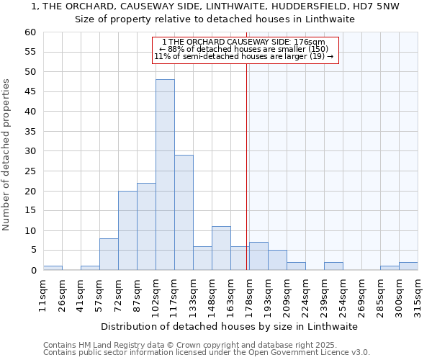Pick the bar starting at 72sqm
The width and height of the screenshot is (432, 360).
pos(127,230)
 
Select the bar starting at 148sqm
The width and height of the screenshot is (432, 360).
pos(221,248)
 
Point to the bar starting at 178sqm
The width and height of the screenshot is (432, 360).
pos(258,256)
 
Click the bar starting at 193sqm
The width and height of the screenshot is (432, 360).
pos(277,260)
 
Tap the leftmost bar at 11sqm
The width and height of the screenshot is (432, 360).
pos(53,268)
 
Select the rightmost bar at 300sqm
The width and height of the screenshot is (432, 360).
pos(408,266)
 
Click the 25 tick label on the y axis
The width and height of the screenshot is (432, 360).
pos(30,171)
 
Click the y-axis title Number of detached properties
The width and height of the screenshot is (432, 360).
pos(7,155)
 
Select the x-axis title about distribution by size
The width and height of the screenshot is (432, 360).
pos(230,327)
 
